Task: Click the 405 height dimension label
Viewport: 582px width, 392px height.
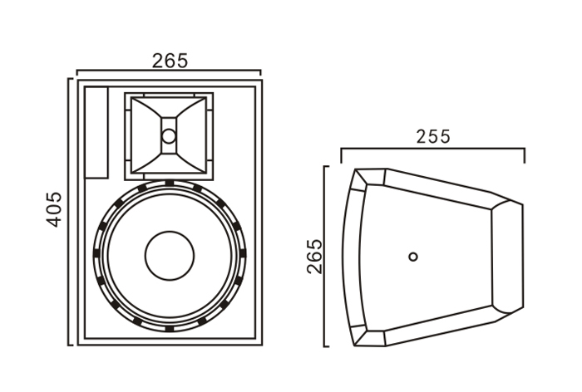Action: tap(53, 209)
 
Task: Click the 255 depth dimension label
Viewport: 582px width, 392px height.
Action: tap(433, 136)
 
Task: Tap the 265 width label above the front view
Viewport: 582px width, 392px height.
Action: tap(170, 61)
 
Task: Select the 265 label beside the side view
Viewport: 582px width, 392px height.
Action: tap(315, 257)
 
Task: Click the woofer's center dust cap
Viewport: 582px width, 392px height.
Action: tap(170, 256)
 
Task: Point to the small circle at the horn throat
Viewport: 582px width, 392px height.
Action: tap(169, 136)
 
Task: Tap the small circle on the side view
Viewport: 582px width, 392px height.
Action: tap(413, 257)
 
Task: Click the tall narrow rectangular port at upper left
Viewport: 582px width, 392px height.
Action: tap(96, 133)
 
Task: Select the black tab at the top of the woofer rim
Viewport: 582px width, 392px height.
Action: tap(170, 183)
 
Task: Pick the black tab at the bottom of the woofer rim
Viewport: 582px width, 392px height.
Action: tap(170, 329)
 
